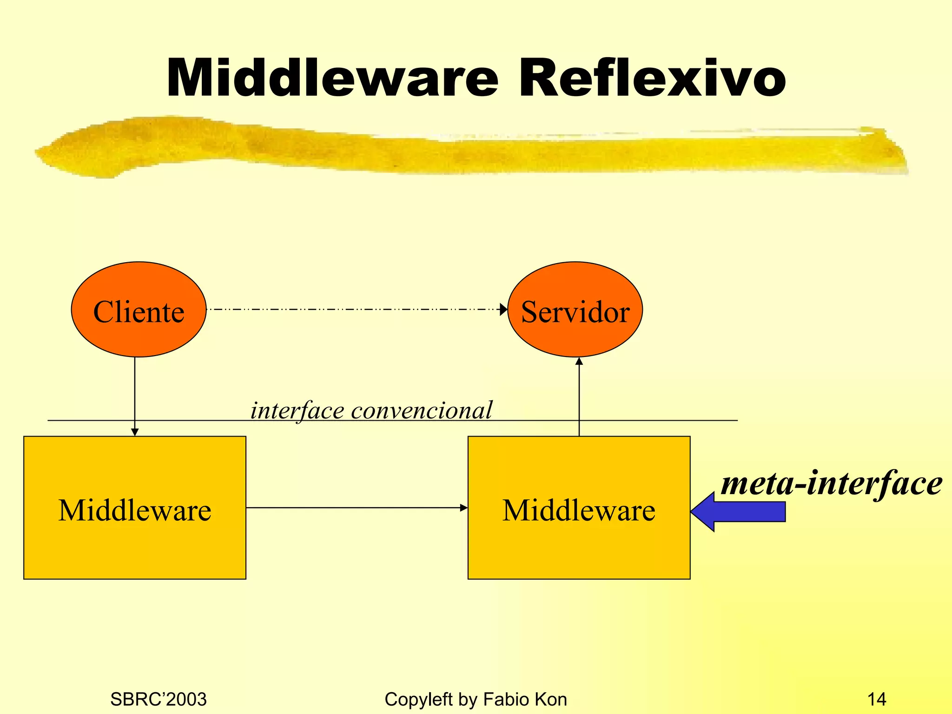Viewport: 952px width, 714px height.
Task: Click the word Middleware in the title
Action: pyautogui.click(x=332, y=78)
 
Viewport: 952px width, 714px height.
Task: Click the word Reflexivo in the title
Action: pyautogui.click(x=652, y=78)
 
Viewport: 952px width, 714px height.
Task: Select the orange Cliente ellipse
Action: pyautogui.click(x=139, y=310)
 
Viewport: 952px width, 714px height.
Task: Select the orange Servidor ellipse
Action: pyautogui.click(x=575, y=310)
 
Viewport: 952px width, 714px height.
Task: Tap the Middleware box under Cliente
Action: pyautogui.click(x=135, y=508)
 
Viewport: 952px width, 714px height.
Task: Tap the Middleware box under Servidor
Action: pyautogui.click(x=579, y=508)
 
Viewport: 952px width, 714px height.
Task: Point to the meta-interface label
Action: pyautogui.click(x=831, y=483)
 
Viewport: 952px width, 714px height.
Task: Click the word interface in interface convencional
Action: pyautogui.click(x=297, y=410)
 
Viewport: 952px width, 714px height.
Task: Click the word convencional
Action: pyautogui.click(x=421, y=410)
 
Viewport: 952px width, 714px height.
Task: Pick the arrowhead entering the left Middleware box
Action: pyautogui.click(x=135, y=432)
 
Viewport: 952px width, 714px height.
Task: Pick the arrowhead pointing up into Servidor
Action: pyautogui.click(x=579, y=361)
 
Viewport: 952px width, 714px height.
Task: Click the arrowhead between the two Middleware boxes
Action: pyautogui.click(x=463, y=508)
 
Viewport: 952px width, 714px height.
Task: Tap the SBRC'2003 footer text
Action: pyautogui.click(x=158, y=699)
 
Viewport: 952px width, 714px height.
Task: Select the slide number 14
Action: pyautogui.click(x=876, y=699)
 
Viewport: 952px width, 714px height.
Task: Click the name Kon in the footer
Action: pyautogui.click(x=550, y=699)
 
